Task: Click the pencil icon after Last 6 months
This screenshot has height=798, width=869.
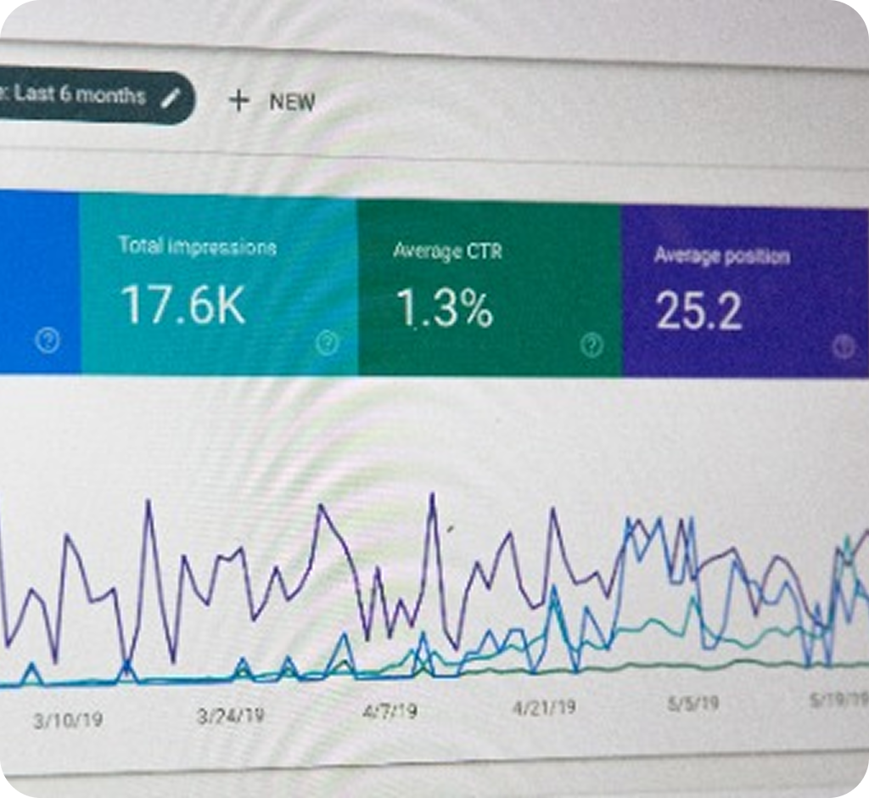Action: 171,98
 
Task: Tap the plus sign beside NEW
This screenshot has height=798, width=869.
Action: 239,101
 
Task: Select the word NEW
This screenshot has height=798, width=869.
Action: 292,103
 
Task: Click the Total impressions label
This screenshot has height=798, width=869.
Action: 197,247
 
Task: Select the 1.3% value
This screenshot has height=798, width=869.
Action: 446,310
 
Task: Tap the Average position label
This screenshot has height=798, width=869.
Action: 721,256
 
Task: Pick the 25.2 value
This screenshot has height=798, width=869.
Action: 698,312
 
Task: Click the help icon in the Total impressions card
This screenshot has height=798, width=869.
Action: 327,343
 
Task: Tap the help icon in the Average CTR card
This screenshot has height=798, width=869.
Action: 592,345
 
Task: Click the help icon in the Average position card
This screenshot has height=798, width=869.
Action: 843,346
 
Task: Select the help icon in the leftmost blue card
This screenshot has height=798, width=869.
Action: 48,341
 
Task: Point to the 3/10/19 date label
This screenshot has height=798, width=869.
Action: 68,721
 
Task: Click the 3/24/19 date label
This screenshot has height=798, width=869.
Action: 230,716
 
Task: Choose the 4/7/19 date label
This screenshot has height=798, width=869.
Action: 390,710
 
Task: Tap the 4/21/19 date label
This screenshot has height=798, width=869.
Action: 544,706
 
